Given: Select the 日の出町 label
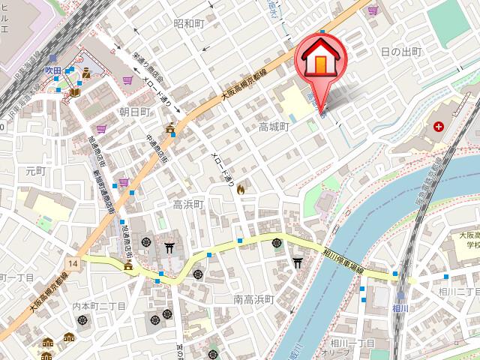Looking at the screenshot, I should click(401, 52).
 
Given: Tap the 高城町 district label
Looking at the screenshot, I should click(274, 127).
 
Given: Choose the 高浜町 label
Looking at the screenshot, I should click(188, 204).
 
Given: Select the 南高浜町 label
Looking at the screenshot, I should click(253, 300).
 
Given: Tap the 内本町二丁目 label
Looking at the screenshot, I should click(96, 306).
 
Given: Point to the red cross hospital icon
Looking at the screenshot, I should click(438, 126).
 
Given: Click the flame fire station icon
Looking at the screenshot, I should click(241, 191).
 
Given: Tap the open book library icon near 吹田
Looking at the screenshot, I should click(74, 92).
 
